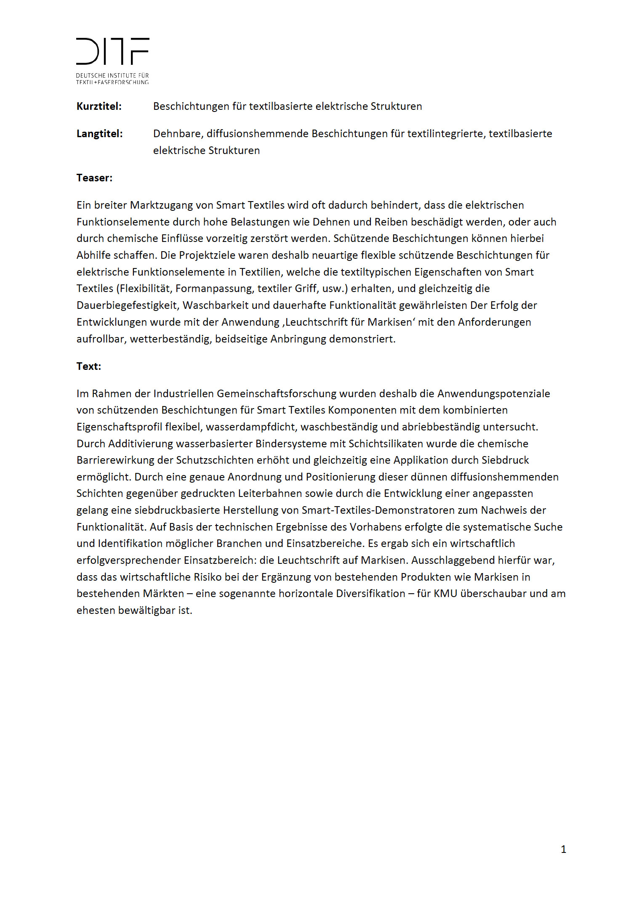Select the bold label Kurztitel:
coord(99,106)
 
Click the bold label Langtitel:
coord(99,134)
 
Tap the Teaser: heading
coord(94,178)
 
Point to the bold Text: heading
coord(89,366)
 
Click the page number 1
coord(563,850)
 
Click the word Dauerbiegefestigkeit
coord(127,305)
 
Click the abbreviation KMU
coord(445,594)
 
